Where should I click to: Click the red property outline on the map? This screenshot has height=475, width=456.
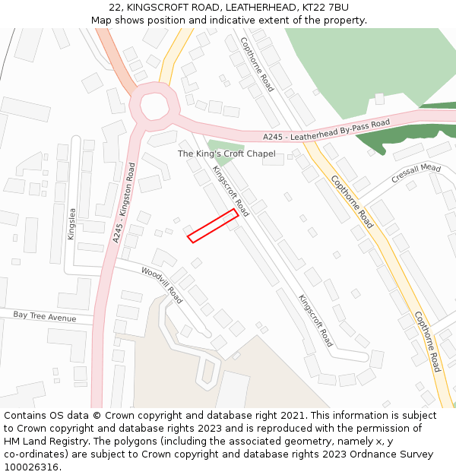(214, 226)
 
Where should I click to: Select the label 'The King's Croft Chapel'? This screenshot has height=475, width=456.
(226, 154)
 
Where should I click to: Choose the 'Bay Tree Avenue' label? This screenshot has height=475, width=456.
(45, 315)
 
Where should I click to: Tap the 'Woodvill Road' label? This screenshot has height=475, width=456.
(161, 283)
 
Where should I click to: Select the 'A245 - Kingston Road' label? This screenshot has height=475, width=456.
(124, 202)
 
